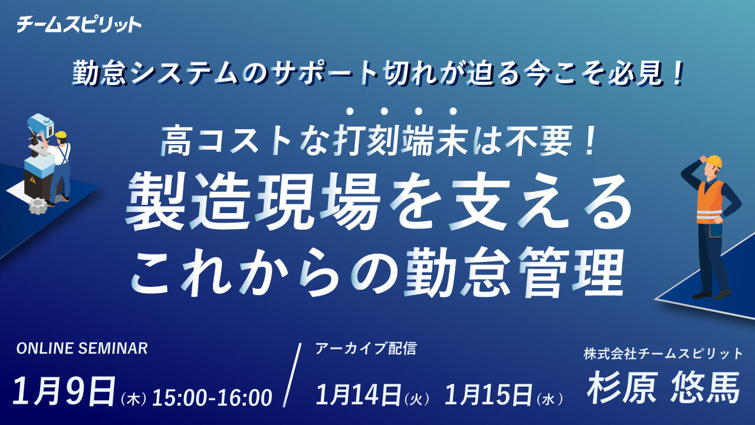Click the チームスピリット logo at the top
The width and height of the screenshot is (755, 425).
click(x=78, y=25)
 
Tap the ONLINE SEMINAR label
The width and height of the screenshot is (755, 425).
click(x=82, y=348)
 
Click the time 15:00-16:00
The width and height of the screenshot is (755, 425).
click(x=212, y=398)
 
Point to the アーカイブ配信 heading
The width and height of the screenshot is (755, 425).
click(x=366, y=348)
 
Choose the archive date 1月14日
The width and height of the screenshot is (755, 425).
click(x=358, y=395)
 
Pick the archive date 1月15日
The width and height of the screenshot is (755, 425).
click(x=488, y=395)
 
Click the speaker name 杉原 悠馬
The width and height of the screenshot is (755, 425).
click(x=664, y=387)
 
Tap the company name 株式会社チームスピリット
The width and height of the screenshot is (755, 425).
click(x=664, y=354)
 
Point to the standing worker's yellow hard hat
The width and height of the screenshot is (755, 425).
click(x=714, y=161)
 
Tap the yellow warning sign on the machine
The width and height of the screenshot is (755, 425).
click(x=32, y=179)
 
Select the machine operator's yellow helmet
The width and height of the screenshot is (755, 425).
click(x=61, y=135)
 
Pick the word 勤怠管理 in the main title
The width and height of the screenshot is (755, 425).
click(x=513, y=273)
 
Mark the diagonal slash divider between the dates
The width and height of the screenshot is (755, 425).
click(x=292, y=375)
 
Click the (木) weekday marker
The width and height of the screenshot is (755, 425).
click(x=133, y=400)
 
